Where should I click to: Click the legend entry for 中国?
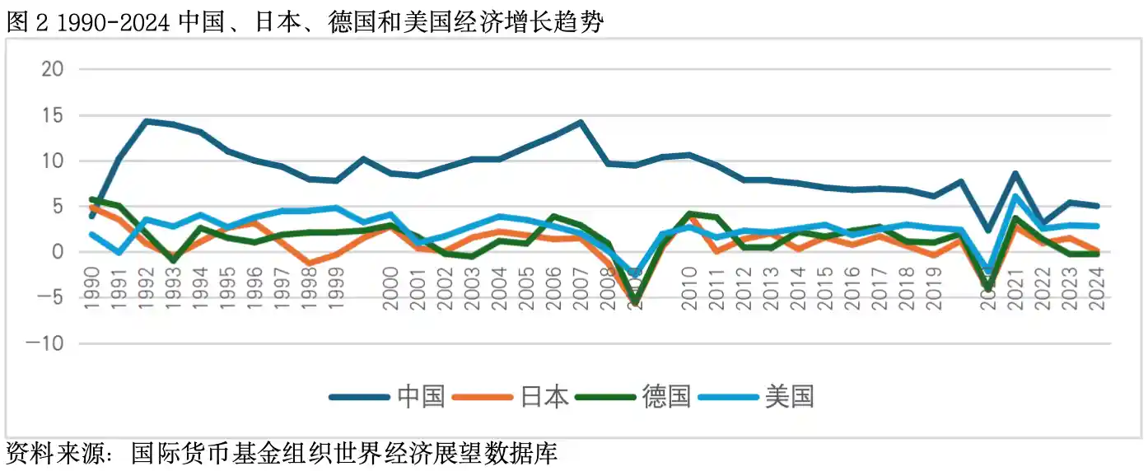pos(387,396)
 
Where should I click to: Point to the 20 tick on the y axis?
pos(52,69)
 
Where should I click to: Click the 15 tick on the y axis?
pos(52,115)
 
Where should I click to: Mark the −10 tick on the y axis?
pos(46,344)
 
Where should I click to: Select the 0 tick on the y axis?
pos(58,252)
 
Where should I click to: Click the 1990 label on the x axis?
pos(91,287)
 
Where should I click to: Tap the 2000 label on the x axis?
pos(390,287)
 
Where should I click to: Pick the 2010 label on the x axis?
pos(688,287)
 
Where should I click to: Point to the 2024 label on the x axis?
pos(1096,287)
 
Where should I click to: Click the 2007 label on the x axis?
pos(581,287)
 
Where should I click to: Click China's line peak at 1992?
pos(146,121)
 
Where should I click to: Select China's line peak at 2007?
pos(581,123)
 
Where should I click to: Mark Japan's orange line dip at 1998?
pos(309,263)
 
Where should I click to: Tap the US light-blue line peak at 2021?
pos(1015,196)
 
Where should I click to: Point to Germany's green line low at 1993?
pos(173,260)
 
